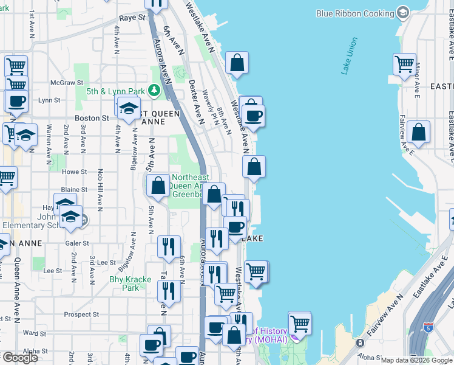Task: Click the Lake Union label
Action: coord(349,56)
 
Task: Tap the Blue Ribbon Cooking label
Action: coord(355,13)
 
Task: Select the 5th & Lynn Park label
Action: coord(115,92)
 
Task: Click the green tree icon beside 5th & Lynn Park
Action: coord(155,91)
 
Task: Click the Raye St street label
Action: coord(132,18)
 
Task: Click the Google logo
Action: coord(20,358)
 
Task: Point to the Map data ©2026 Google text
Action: coord(416,360)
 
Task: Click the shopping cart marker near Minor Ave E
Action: coord(404,63)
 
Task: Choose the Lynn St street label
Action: coord(49,100)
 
